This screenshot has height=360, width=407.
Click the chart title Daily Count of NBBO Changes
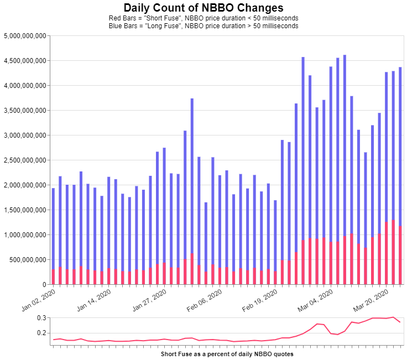pos(203,8)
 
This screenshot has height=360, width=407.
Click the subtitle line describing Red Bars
pos(203,18)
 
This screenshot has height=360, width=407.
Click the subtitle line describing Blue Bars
pos(203,25)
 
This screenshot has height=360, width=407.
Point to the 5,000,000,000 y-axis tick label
pos(25,36)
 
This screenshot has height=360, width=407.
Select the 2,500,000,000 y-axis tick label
pos(25,160)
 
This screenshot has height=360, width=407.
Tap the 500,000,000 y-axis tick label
pos(27,259)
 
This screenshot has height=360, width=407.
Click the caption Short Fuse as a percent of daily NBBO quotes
pos(227,353)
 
